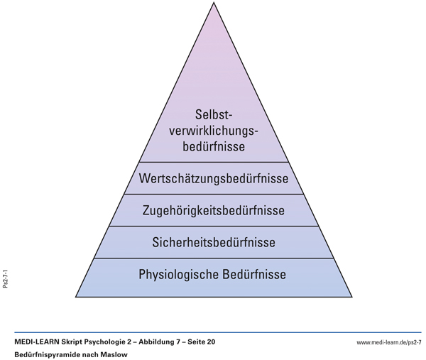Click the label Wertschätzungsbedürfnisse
coord(214,178)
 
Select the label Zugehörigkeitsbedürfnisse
coord(214,211)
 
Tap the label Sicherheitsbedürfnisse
coord(214,243)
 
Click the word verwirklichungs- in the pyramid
coord(214,131)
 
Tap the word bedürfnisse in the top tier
coord(214,148)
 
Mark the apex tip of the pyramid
coord(214,4)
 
